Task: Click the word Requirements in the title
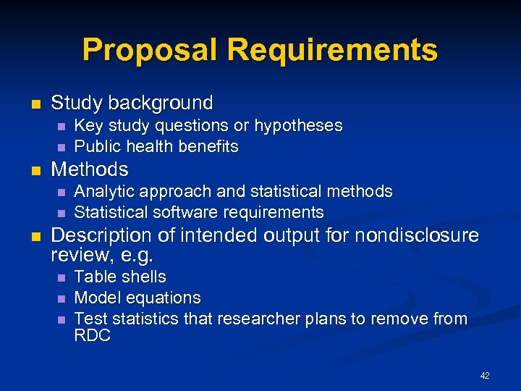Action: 333,50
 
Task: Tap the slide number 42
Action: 485,375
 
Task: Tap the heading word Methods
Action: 90,170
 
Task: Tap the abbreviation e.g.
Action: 134,256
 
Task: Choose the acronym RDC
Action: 92,336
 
